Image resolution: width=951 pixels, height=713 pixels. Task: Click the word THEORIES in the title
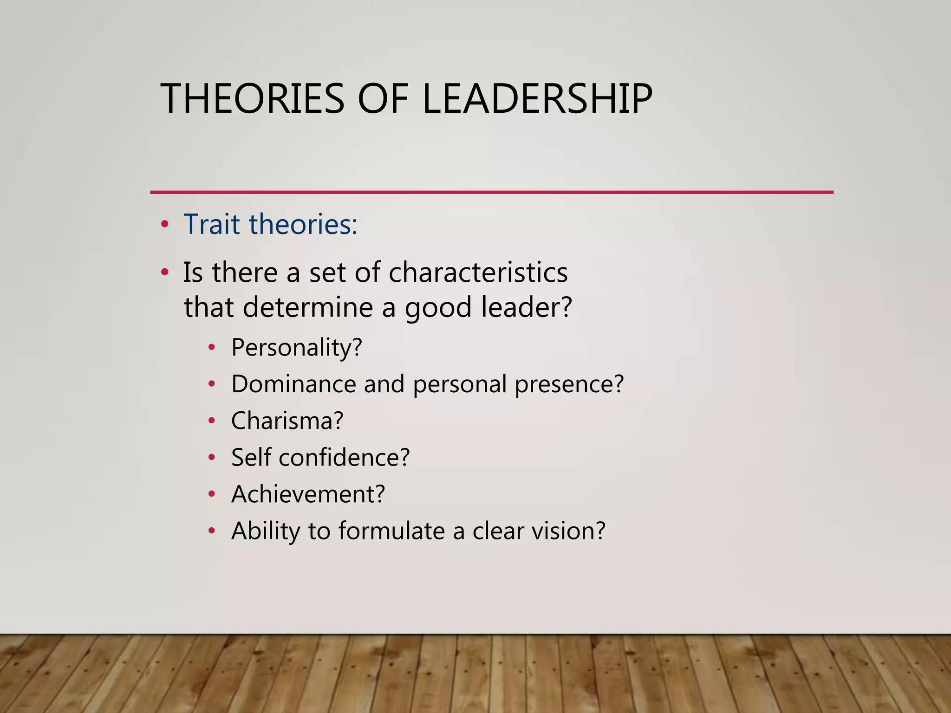[252, 98]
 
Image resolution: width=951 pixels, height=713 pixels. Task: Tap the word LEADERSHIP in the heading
[537, 98]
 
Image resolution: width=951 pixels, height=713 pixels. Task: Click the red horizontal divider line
[491, 192]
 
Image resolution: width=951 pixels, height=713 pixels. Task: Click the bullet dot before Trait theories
[164, 225]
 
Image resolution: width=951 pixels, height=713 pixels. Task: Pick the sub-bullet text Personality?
[296, 347]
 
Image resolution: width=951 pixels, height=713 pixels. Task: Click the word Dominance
[294, 384]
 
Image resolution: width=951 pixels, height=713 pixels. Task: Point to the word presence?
[569, 385]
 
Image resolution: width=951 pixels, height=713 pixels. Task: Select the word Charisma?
[287, 421]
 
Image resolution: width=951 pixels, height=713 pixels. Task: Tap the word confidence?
[344, 457]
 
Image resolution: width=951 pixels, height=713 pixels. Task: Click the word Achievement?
[308, 494]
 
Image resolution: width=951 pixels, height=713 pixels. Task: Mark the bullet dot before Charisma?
[212, 421]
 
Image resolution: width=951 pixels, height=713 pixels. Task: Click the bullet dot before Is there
[164, 272]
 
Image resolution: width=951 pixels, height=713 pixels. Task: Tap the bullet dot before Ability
[212, 531]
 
